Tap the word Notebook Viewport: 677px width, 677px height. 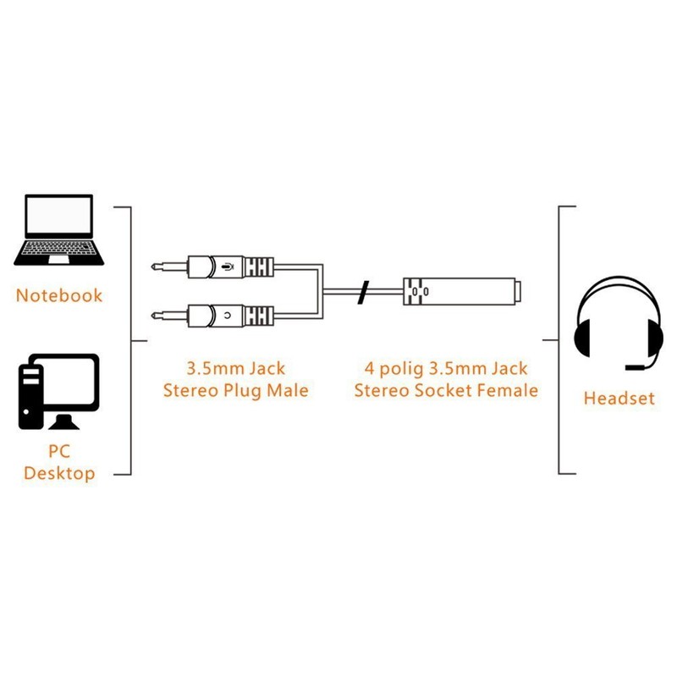click(59, 295)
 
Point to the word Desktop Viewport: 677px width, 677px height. click(59, 473)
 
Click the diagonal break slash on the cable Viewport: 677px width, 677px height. click(363, 291)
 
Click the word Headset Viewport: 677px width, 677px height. click(619, 398)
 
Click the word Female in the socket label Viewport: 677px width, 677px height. click(509, 390)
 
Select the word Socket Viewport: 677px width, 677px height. click(443, 390)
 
